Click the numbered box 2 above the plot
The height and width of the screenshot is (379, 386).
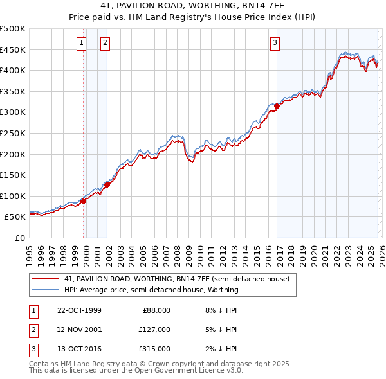pos(105,43)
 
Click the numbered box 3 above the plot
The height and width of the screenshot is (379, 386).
pos(275,43)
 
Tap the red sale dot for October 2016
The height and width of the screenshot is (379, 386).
pos(277,106)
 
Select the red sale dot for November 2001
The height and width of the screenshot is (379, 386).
pos(107,184)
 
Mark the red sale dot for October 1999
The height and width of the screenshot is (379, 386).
pos(84,201)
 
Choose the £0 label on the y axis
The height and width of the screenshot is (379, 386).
pos(19,238)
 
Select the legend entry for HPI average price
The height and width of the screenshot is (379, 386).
pos(151,290)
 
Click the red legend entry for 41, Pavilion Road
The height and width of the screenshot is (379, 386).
pos(177,279)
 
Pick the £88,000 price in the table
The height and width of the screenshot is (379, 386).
pos(156,310)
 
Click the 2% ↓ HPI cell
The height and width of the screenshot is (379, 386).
pos(223,349)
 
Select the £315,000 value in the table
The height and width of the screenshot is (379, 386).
pos(154,349)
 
